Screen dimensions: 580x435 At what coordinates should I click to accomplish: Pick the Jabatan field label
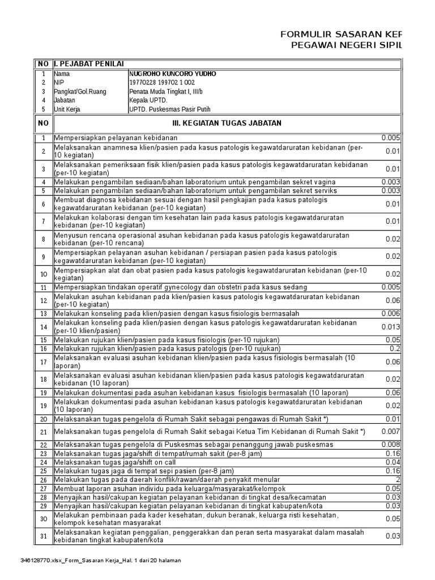click(65, 100)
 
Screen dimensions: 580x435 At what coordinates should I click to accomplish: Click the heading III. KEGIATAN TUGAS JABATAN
click(227, 123)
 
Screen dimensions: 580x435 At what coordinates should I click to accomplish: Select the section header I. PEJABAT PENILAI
click(89, 63)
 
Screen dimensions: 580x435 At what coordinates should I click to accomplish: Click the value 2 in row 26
click(398, 480)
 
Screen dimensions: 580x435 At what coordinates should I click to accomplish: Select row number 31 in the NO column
click(42, 536)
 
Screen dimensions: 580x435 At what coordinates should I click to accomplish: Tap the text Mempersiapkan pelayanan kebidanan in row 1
click(116, 138)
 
